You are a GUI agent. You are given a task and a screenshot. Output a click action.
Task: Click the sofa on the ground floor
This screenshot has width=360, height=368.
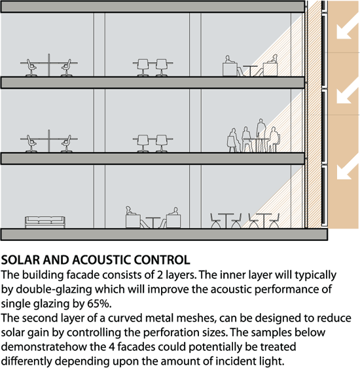pos(45,222)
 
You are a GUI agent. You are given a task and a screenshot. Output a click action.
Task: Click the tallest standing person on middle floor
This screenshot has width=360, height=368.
pos(261,135)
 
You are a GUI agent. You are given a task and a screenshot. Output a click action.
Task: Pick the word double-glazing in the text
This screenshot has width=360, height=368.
pos(54,289)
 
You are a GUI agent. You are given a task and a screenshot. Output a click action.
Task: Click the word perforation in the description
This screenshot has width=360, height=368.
pos(172,333)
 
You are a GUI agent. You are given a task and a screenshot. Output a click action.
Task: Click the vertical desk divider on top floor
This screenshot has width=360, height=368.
pos(49,65)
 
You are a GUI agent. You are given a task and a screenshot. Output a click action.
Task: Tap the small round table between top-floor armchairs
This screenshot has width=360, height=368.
pos(250,71)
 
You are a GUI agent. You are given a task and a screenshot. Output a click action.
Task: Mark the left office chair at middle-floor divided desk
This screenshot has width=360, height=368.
pos(31,143)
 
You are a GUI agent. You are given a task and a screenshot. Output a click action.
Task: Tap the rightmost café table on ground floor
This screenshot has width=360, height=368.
pos(264,221)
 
